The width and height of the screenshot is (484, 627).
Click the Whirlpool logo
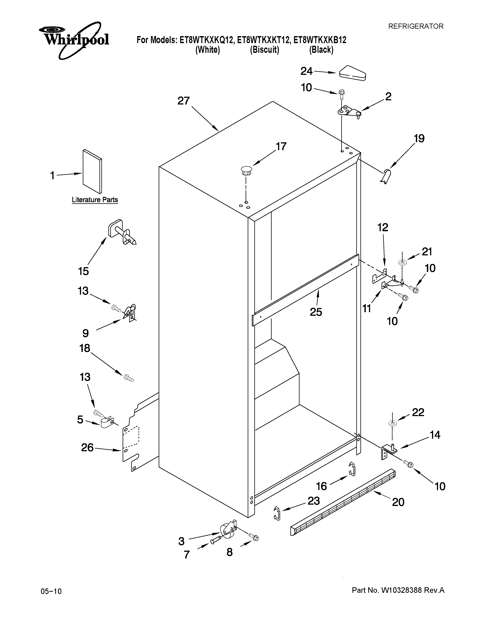(x=74, y=40)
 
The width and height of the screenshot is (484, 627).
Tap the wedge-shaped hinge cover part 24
(x=352, y=73)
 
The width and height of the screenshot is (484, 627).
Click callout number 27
(x=184, y=101)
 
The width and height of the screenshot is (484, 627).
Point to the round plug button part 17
(x=246, y=171)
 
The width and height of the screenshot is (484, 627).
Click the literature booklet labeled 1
(x=92, y=171)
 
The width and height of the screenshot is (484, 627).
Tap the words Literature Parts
(x=95, y=200)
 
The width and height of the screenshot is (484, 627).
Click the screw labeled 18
(x=128, y=378)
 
